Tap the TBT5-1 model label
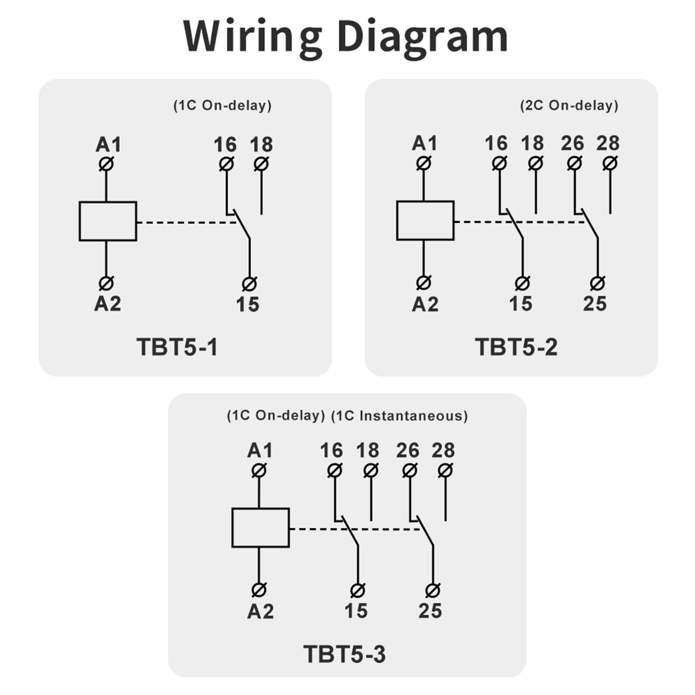coord(177,347)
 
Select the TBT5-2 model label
coord(516,347)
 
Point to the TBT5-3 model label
coord(344,654)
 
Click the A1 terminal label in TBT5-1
coord(108,145)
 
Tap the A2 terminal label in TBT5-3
coord(261,611)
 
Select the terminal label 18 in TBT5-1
coord(261,145)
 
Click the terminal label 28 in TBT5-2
coord(608,143)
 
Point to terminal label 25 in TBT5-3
coord(430,611)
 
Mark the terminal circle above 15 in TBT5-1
coord(249,284)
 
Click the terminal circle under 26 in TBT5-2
coord(574,163)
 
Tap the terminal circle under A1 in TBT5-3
coord(259,470)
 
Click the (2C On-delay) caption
coord(569,106)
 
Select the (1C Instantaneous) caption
coord(400,416)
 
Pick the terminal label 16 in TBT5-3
coord(331,450)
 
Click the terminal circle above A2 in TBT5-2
coord(424,283)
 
